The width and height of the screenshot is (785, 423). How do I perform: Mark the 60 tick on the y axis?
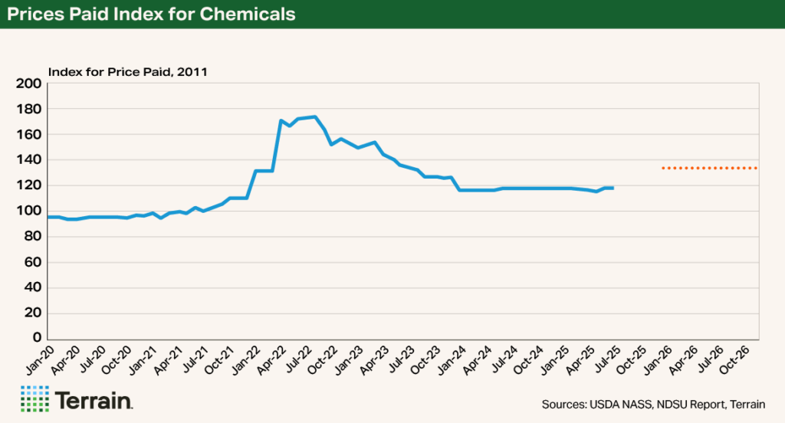pyautogui.click(x=31, y=262)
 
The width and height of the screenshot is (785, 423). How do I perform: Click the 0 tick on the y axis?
pyautogui.click(x=35, y=338)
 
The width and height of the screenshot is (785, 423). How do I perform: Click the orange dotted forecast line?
pyautogui.click(x=710, y=168)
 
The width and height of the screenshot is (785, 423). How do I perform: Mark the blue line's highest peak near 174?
pyautogui.click(x=315, y=117)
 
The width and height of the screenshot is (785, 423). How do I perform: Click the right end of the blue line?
pyautogui.click(x=613, y=188)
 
